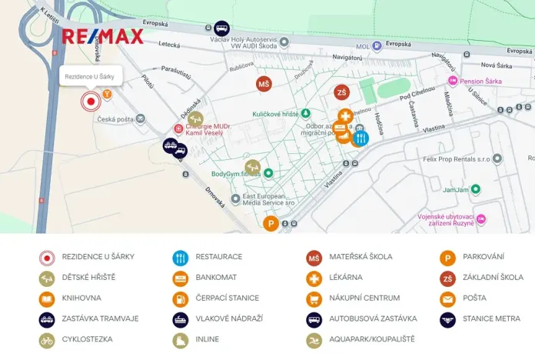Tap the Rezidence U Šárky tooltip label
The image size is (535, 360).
coord(89,76)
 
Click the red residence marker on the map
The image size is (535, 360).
coord(91,101)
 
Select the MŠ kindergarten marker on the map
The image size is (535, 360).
coord(264,84)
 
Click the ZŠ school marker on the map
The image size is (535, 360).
coord(341,93)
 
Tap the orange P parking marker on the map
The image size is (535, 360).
coord(271,224)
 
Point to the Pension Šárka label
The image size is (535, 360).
coord(483,81)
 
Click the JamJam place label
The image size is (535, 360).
coord(457,188)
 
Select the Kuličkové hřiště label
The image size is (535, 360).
coord(274,114)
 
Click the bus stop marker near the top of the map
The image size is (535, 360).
coord(221,28)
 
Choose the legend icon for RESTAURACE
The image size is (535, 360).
coord(181,257)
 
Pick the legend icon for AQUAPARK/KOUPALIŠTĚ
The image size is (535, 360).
coord(314,339)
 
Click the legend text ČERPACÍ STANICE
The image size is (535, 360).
coord(227,298)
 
